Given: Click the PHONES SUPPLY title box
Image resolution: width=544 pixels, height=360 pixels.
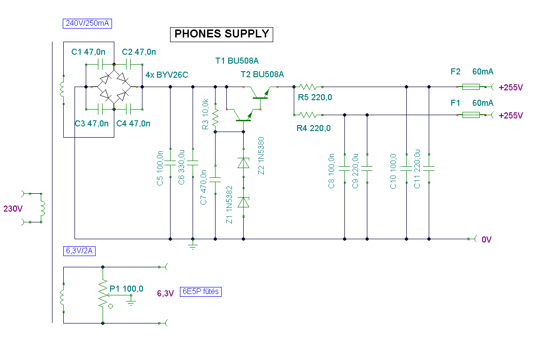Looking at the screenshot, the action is tap(221, 34).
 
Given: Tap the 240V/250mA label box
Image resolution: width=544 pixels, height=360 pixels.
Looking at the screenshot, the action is tap(87, 23).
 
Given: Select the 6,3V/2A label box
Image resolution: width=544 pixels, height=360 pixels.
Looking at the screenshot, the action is tap(79, 251).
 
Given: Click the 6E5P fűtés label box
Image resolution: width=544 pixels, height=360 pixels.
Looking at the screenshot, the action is tap(201, 292).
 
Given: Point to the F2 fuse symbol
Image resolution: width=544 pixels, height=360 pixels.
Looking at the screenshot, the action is tap(471, 87).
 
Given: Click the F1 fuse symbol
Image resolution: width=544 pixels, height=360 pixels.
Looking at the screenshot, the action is tap(471, 115).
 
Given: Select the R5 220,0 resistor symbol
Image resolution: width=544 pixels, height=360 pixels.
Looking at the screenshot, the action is tap(308, 87).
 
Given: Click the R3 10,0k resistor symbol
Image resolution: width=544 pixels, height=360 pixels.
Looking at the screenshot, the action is tap(216, 118).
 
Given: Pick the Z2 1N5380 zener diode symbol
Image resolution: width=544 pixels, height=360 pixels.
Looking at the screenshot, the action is tap(243, 163).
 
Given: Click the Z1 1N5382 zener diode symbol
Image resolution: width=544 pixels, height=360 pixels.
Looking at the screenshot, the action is tap(243, 202).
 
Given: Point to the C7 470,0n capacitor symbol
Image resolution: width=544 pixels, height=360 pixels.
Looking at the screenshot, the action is tap(216, 179).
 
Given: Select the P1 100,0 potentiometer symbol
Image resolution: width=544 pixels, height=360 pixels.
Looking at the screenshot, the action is tap(103, 294).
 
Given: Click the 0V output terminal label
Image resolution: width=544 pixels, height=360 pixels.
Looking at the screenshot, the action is tap(486, 239).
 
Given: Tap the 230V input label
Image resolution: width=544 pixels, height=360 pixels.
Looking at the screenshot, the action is tap(13, 209).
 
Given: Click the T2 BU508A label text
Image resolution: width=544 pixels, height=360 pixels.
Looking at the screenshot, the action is tap(262, 74).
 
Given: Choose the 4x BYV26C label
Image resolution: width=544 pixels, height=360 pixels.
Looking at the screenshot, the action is tap(166, 75).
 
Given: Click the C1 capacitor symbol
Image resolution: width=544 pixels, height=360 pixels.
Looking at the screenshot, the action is tap(100, 64).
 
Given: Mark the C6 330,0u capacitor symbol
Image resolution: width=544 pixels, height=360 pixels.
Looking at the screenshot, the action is tap(193, 163).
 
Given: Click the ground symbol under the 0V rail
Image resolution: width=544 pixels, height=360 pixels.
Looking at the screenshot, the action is tap(193, 245).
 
